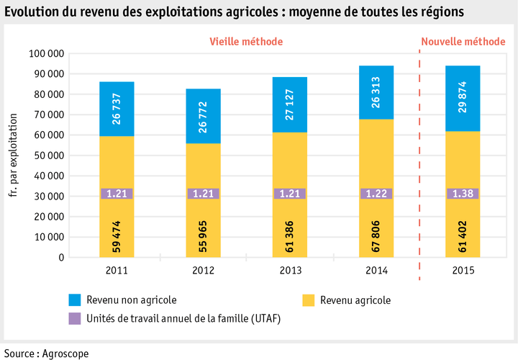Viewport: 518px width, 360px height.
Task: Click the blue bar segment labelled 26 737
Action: point(117,109)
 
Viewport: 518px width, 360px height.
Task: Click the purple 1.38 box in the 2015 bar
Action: point(463,193)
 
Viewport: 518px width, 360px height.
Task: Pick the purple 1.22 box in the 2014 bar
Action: point(376,193)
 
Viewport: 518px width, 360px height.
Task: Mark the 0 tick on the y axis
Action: point(62,257)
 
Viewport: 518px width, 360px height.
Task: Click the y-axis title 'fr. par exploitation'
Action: point(14,156)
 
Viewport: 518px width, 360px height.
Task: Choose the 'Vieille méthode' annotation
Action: point(246,42)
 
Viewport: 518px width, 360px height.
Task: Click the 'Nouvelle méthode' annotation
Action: point(463,42)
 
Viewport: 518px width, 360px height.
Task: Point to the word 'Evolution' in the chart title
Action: point(32,12)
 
